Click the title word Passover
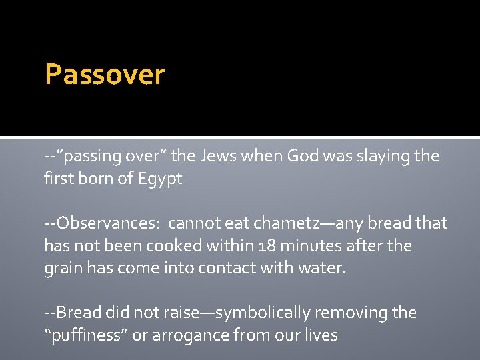coord(104,74)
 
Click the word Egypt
coord(159,179)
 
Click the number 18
coord(265,245)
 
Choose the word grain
coord(62,269)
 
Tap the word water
coord(323,269)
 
